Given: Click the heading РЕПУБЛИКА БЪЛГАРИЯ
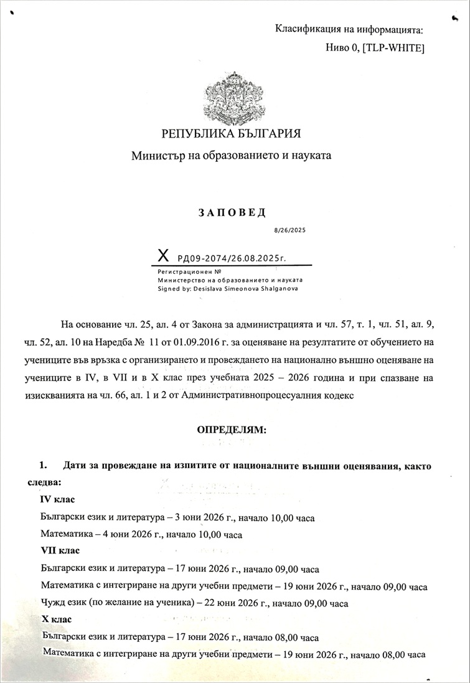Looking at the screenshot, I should click(x=231, y=133).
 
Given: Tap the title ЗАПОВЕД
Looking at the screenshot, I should click(x=232, y=212).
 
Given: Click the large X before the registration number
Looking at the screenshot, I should click(x=163, y=255).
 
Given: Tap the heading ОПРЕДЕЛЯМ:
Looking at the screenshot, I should click(x=231, y=430).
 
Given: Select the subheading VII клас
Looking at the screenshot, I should click(x=60, y=552).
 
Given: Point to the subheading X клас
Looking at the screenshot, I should click(x=57, y=619).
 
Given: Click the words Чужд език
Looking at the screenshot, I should click(x=62, y=603).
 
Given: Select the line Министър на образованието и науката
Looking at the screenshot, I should click(x=231, y=156).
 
